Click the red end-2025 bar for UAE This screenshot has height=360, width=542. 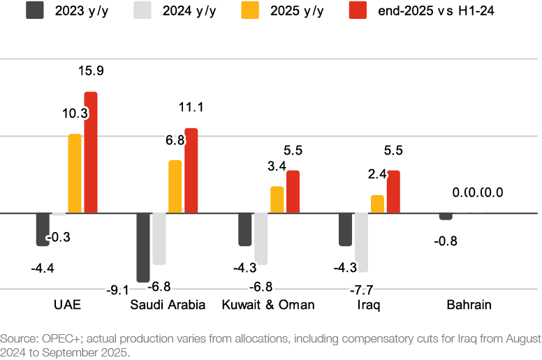91,152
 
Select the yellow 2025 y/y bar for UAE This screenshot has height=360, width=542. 75,173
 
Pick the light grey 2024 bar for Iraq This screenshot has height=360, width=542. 362,242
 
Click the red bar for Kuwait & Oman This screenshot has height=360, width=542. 293,191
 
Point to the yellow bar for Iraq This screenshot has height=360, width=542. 378,203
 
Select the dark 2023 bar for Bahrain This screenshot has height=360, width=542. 446,216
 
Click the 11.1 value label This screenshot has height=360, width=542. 191,107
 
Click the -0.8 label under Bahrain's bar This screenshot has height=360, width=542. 445,242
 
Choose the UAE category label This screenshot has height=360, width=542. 67,305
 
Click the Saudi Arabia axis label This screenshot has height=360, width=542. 168,305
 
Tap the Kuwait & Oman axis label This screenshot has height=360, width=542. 268,305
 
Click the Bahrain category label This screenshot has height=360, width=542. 469,305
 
